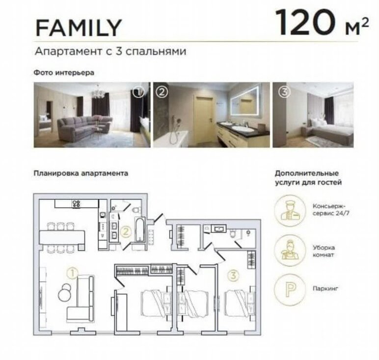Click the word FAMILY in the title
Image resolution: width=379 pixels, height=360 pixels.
[x=79, y=28]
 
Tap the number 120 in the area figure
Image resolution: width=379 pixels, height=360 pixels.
[x=305, y=23]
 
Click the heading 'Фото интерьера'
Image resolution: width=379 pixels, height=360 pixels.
[x=64, y=73]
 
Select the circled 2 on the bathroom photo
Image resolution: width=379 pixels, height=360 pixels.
[x=162, y=92]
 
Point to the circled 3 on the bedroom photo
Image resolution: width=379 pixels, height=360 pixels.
[x=284, y=92]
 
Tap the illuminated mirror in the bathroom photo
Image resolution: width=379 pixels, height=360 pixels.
[x=246, y=102]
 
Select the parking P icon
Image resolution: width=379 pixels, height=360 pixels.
[x=290, y=289]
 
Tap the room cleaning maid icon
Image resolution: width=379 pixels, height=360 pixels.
[x=290, y=250]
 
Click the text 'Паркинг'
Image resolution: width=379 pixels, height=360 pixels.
[x=325, y=288]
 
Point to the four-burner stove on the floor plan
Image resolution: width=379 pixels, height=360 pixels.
[x=77, y=204]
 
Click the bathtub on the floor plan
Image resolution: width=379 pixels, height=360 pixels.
[x=139, y=230]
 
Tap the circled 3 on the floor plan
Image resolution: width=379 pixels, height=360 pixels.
[x=233, y=275]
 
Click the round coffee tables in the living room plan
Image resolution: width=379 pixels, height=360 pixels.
[x=64, y=293]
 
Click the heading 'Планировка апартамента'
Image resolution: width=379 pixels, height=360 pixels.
[x=81, y=173]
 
